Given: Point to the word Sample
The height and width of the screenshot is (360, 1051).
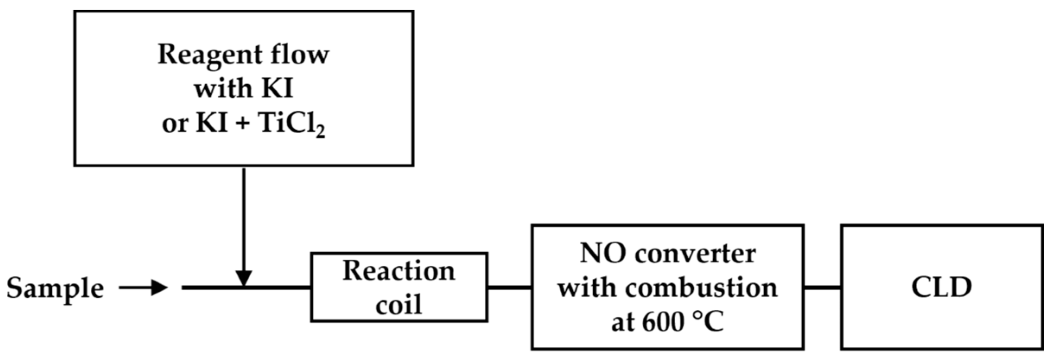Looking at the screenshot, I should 55,288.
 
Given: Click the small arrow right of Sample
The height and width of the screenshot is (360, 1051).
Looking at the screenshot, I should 143,287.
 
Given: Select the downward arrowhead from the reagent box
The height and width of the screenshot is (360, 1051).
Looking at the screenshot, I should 244,277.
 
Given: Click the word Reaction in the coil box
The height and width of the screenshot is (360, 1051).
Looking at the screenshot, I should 399,271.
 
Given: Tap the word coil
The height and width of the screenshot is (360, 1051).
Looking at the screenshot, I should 398,305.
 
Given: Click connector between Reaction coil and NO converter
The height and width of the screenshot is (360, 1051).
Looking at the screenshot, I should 510,287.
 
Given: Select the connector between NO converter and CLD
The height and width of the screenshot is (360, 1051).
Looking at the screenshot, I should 822,287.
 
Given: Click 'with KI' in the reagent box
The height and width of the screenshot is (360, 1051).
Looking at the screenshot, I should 244,89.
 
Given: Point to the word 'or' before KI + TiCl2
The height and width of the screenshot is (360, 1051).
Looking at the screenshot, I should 175,124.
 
